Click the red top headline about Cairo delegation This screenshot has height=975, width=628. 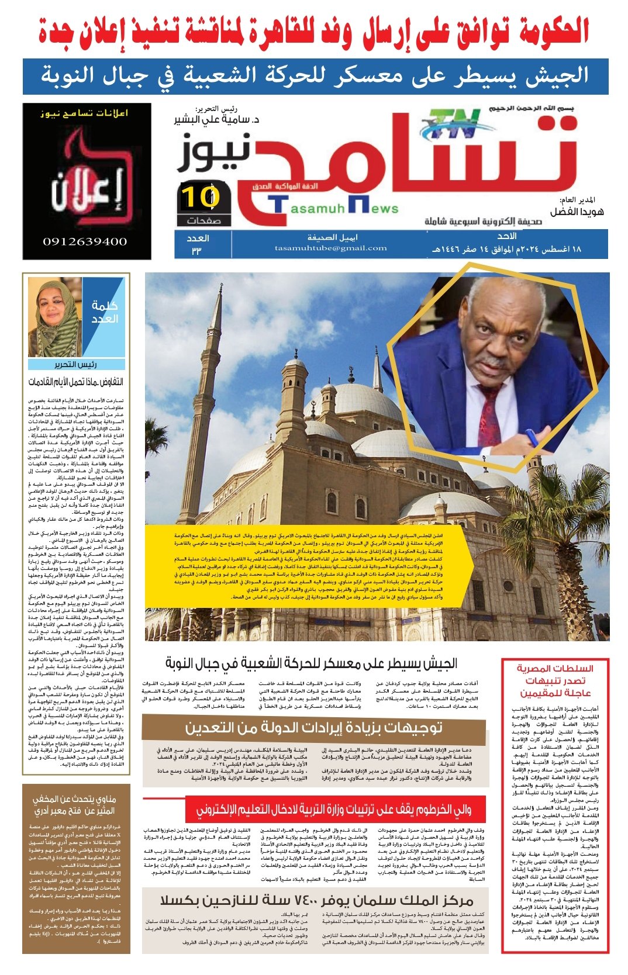314,30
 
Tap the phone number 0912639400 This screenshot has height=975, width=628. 85,241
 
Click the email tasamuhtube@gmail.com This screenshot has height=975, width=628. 331,248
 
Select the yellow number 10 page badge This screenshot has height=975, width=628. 199,197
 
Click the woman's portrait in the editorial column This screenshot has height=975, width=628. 54,319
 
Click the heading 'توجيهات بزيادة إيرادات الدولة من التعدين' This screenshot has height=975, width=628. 313,727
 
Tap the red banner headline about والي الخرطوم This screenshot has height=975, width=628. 333,809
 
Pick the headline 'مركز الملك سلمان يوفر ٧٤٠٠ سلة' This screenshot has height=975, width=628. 316,900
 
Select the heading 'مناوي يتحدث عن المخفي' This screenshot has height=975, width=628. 74,805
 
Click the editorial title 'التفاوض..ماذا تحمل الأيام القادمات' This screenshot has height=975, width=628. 76,382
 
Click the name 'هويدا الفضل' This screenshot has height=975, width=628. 577,212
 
